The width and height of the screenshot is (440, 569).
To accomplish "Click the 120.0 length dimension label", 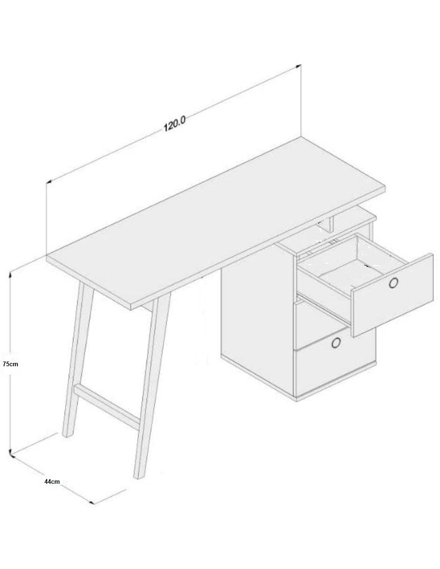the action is coord(175,124).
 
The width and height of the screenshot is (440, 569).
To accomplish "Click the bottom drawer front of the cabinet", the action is coord(335,378).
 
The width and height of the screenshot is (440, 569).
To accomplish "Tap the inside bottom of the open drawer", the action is coord(340,278).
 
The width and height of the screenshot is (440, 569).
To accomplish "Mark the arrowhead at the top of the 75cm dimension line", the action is coord(10,275).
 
